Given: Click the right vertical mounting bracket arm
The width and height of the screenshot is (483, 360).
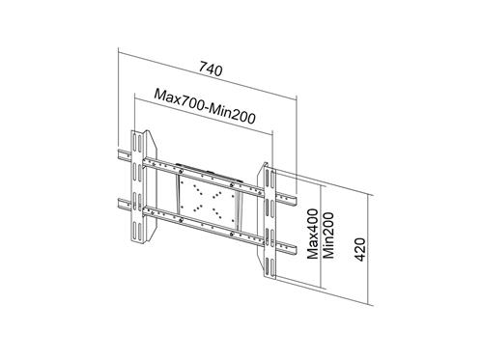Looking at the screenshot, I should pyautogui.click(x=266, y=216).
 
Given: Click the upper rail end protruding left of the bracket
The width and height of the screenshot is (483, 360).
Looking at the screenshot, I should pyautogui.click(x=124, y=153).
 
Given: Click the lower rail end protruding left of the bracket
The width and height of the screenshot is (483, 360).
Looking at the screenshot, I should pyautogui.click(x=124, y=204).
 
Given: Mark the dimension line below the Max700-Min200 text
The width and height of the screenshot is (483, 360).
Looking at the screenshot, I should pyautogui.click(x=203, y=114).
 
